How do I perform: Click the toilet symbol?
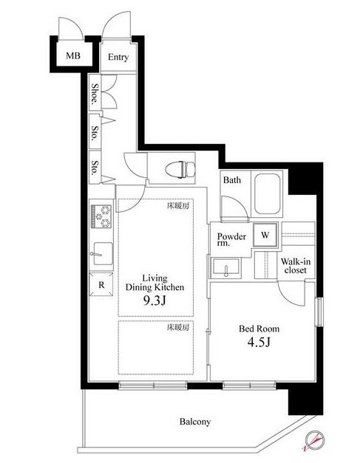pyautogui.click(x=180, y=170)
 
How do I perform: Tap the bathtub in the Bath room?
pyautogui.click(x=267, y=193)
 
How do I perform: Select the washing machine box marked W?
pyautogui.click(x=265, y=235)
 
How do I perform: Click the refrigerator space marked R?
pyautogui.click(x=101, y=284)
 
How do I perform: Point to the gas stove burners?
pyautogui.click(x=101, y=216)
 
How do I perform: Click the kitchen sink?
pyautogui.click(x=102, y=253)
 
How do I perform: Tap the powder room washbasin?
pyautogui.click(x=226, y=267)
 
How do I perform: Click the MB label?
pyautogui.click(x=73, y=55)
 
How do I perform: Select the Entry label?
pyautogui.click(x=118, y=57)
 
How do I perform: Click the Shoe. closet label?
pyautogui.click(x=95, y=94)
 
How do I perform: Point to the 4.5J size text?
pyautogui.click(x=259, y=342)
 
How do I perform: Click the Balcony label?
pyautogui.click(x=195, y=422)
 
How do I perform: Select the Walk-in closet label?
pyautogui.click(x=296, y=265)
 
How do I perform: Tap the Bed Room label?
pyautogui.click(x=259, y=329)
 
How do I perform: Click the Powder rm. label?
pyautogui.click(x=231, y=239)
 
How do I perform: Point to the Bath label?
pyautogui.click(x=232, y=180)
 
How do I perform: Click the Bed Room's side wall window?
pyautogui.click(x=319, y=312)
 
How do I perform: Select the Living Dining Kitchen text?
pyautogui.click(x=155, y=283)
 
